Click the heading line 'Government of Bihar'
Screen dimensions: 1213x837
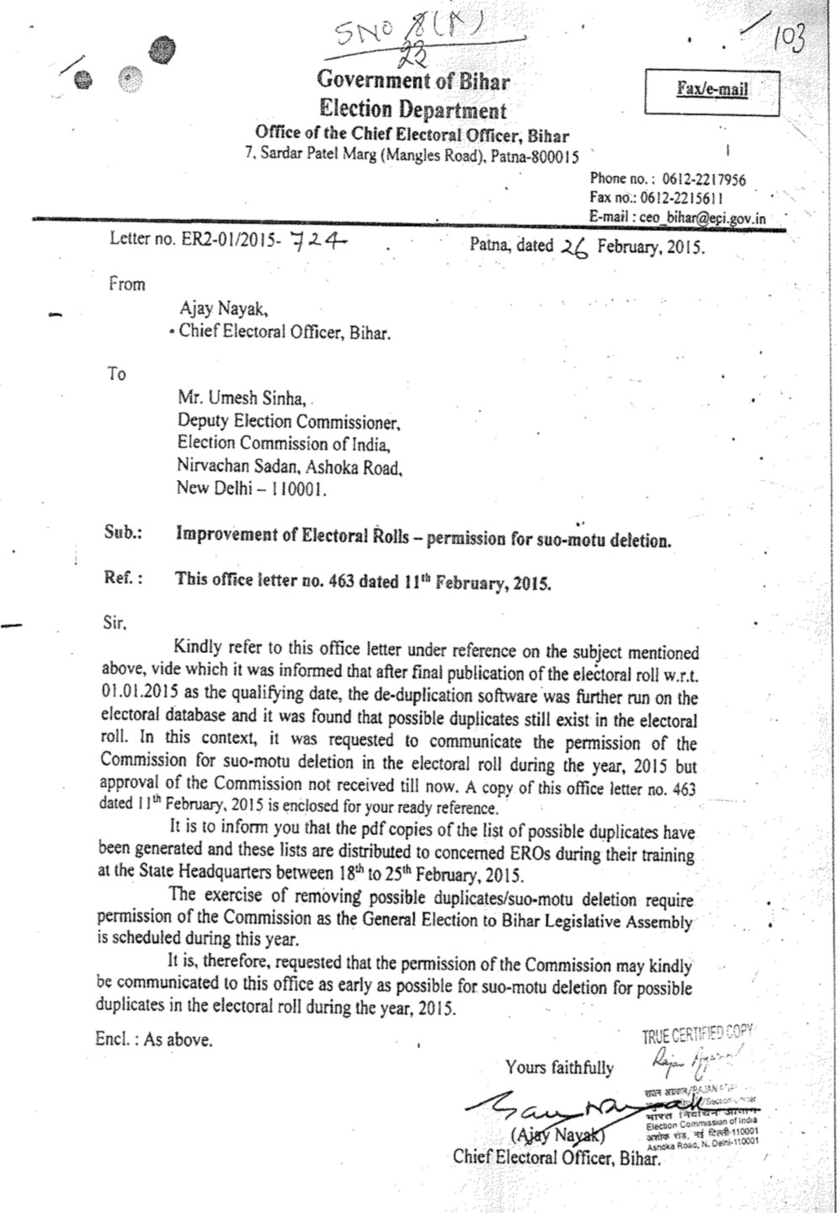(413, 81)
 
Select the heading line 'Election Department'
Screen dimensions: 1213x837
(413, 110)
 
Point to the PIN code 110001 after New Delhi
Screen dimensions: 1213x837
(298, 489)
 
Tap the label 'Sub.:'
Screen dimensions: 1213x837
(123, 533)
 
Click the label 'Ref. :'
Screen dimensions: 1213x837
(123, 579)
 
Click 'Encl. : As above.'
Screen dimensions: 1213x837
(154, 1039)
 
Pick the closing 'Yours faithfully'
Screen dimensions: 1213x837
(559, 1067)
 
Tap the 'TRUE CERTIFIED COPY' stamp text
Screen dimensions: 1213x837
(697, 1035)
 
